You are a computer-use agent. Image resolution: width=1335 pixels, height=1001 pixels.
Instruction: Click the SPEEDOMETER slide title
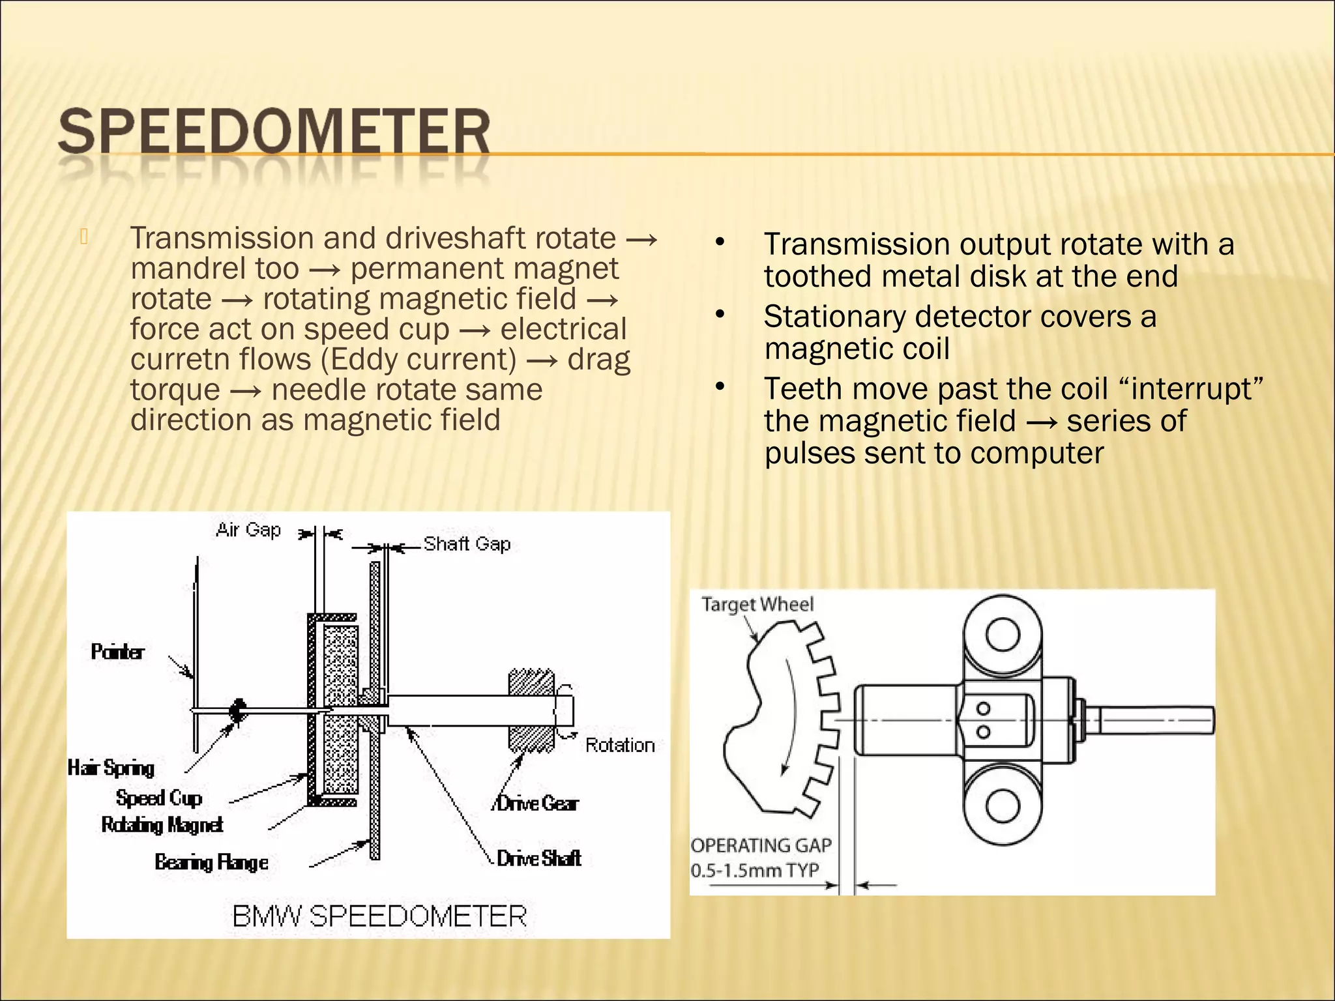274,132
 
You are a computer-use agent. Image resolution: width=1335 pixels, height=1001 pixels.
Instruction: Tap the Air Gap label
248,530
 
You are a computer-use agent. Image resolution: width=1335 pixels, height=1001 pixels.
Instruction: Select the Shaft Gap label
467,544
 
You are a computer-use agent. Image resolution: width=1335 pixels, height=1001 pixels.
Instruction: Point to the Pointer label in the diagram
117,652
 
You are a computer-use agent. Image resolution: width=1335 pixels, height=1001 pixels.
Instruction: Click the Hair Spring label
111,768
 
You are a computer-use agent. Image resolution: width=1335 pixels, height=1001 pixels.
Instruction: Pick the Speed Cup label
159,798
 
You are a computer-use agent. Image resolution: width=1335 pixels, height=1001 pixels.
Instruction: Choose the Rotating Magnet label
162,825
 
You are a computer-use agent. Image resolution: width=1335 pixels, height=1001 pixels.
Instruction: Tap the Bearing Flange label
211,862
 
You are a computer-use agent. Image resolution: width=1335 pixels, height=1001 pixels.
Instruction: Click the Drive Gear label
537,804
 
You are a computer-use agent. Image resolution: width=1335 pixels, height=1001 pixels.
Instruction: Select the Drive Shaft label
538,858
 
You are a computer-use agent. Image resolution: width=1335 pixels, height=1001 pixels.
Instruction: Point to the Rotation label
619,745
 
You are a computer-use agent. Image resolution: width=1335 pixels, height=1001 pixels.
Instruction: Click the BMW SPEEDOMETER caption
379,916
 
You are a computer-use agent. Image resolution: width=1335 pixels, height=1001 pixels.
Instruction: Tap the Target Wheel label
757,605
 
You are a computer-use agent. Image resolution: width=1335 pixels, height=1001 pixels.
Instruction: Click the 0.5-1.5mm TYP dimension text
754,871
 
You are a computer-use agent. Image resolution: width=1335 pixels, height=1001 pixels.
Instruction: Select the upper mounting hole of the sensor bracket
1002,635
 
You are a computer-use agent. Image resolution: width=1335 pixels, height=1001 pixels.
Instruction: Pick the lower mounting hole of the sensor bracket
1002,806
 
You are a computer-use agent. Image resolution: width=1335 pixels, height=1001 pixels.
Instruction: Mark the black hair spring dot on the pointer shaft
238,710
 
